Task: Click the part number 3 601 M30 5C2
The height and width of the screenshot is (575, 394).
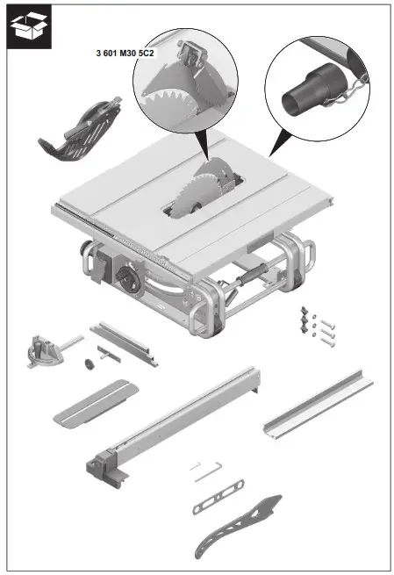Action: pyautogui.click(x=125, y=54)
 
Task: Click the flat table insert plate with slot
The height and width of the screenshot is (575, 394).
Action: pyautogui.click(x=94, y=399)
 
